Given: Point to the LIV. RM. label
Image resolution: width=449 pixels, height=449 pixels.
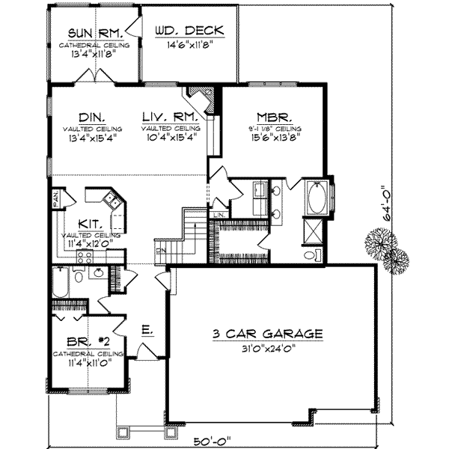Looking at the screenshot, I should click(170, 117).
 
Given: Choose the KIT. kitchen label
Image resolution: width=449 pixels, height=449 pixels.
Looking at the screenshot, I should click(94, 224).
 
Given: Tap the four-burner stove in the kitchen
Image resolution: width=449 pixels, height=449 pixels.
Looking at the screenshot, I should click(83, 254).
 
